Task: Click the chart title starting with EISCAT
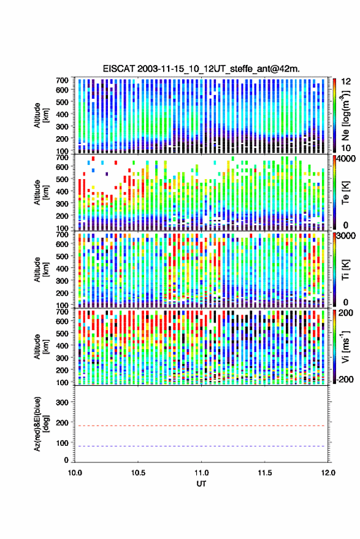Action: pos(201,69)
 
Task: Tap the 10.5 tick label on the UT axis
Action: pos(138,473)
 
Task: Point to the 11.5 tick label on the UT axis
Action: pos(265,473)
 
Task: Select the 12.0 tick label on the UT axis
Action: pos(328,473)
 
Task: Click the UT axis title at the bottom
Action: pos(201,484)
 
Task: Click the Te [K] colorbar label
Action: pos(345,193)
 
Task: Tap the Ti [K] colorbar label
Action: pos(345,270)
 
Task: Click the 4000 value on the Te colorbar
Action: pos(345,158)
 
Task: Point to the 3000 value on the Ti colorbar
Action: pos(345,235)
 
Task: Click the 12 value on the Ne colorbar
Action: pos(346,82)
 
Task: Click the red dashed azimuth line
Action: pos(201,426)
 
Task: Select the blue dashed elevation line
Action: pos(201,446)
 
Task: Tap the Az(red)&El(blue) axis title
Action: pos(41,424)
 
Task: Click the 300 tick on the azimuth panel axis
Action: pos(62,402)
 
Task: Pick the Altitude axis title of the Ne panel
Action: pos(41,115)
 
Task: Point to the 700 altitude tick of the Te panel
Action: pos(62,157)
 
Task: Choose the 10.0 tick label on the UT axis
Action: pos(75,473)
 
